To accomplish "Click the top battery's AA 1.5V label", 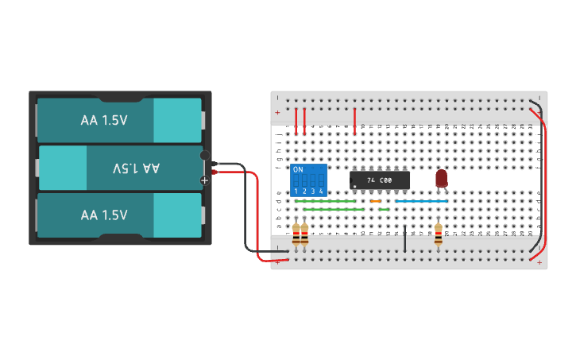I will pos(104,121).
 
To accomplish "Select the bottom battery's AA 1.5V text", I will pos(104,215).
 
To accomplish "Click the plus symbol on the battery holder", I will pos(204,180).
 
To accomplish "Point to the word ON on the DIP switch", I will pos(298,170).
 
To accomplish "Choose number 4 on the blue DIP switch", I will pos(321,192).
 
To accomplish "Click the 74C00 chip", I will pos(380,181).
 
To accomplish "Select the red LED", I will pos(441,179).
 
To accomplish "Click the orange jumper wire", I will pos(376,201).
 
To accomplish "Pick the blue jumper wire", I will pos(421,201).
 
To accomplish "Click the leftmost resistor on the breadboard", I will pos(296,234).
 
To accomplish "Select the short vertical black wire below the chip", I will pos(404,239).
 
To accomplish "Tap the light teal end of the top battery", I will pos(177,121).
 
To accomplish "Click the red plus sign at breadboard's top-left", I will pos(277,112).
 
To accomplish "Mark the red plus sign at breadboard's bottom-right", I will pos(539,262).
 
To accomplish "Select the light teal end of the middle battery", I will pos(63,168).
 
